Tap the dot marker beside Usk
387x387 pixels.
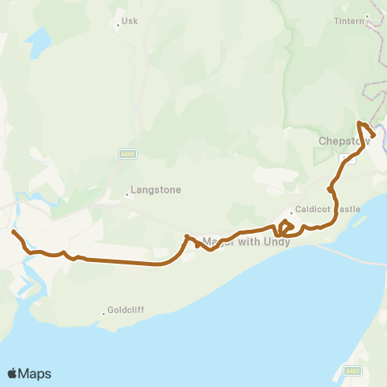point(118,24)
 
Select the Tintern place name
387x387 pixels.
point(349,21)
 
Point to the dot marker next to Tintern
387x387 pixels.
point(367,16)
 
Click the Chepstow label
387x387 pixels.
point(343,140)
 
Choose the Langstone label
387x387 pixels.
point(156,190)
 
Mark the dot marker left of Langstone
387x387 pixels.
point(127,193)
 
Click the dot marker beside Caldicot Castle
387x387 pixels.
point(292,213)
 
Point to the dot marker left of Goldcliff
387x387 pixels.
point(104,313)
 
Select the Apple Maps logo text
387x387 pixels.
point(29,373)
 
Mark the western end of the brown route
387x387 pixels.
point(13,232)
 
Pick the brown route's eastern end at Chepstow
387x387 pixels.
point(373,136)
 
